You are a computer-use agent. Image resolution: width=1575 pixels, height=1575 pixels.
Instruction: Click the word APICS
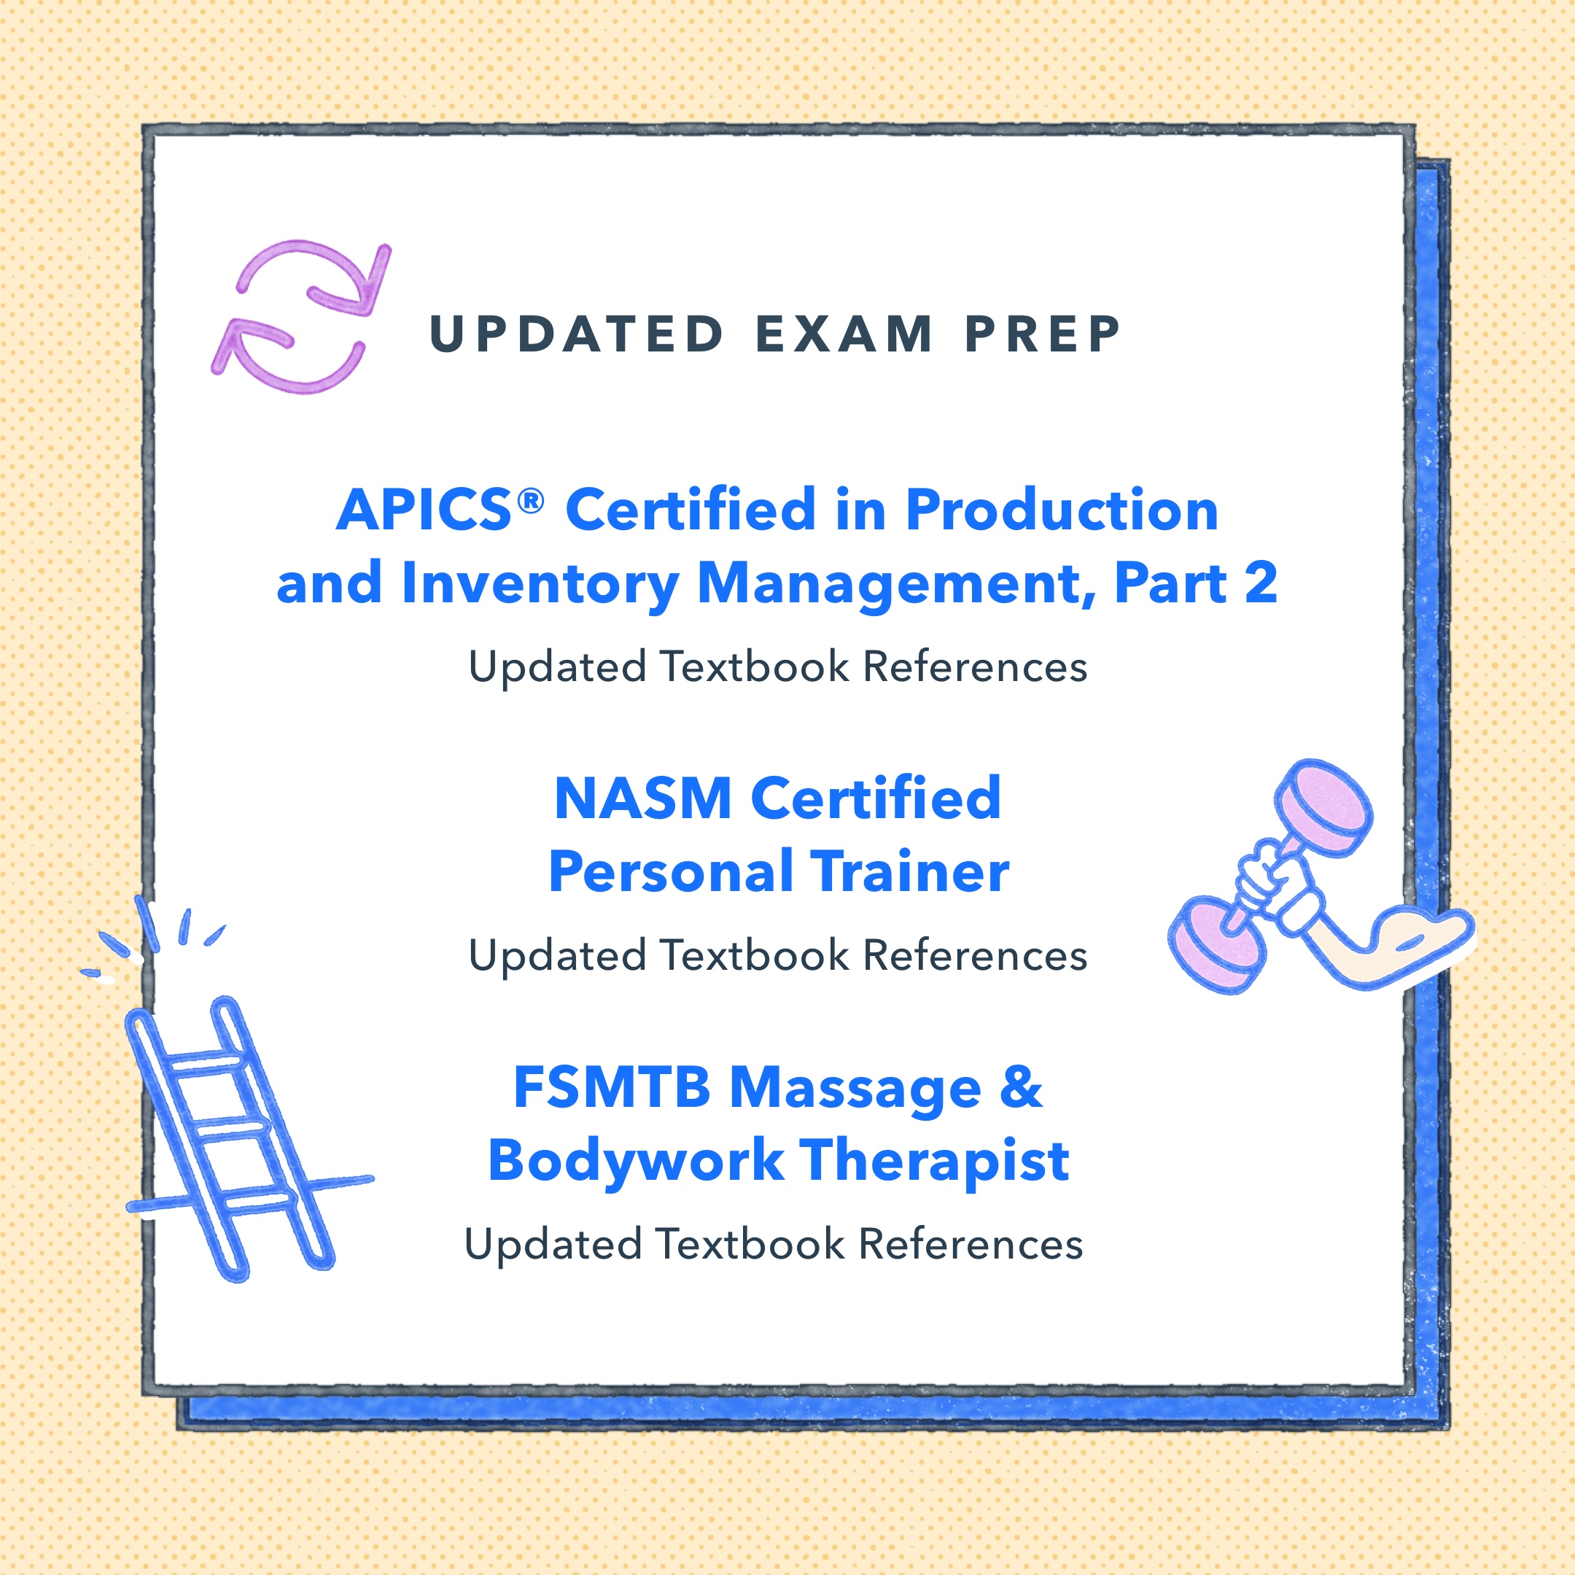424,510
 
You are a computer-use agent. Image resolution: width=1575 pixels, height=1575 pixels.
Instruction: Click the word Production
1062,510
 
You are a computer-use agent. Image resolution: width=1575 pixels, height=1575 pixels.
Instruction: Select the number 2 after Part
1260,583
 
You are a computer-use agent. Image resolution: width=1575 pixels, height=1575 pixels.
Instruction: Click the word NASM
642,798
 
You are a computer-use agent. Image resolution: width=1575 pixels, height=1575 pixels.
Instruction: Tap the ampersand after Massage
1021,1087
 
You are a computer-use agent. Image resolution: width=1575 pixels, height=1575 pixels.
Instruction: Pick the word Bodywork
636,1161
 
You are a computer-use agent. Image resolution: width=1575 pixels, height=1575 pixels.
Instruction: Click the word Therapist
934,1161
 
